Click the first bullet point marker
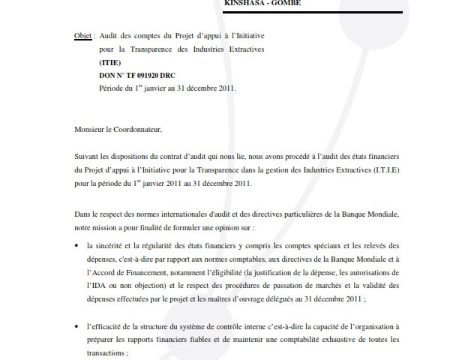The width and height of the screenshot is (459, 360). (77, 246)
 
